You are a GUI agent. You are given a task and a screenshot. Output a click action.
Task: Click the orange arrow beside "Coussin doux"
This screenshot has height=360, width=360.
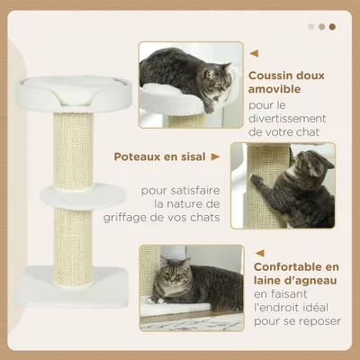coord(253,53)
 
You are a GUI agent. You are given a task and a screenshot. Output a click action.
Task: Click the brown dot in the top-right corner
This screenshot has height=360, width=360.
coord(332,27)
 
